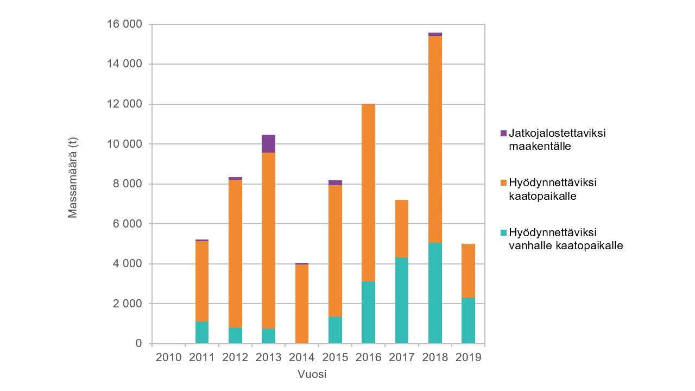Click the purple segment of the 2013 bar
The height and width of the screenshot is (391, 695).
click(x=268, y=143)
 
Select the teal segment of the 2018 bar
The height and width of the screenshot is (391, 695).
click(x=435, y=293)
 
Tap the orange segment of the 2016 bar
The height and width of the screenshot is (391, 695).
click(x=368, y=193)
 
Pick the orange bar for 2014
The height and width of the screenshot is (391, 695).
click(x=302, y=304)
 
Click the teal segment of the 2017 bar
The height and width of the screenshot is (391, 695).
click(x=402, y=300)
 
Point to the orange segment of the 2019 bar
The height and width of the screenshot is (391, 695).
click(x=468, y=270)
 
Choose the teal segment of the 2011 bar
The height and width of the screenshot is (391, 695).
click(x=202, y=332)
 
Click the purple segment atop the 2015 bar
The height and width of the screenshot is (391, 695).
click(x=335, y=183)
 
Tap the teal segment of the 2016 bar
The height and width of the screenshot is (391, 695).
click(x=368, y=312)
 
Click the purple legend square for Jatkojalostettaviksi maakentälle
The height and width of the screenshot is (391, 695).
click(x=503, y=133)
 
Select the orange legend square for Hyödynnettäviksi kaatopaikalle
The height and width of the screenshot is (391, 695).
click(x=503, y=182)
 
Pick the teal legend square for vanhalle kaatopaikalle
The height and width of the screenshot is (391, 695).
click(x=503, y=232)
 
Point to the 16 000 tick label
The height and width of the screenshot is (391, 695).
click(x=124, y=24)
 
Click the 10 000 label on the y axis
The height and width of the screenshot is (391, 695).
click(x=124, y=144)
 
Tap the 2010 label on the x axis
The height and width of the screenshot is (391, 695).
click(x=169, y=357)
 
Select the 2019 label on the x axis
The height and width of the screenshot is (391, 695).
click(x=468, y=357)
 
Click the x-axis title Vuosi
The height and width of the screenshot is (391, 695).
click(x=312, y=374)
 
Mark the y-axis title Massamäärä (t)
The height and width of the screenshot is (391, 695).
click(x=73, y=177)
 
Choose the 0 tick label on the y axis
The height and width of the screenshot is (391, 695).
click(x=138, y=344)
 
